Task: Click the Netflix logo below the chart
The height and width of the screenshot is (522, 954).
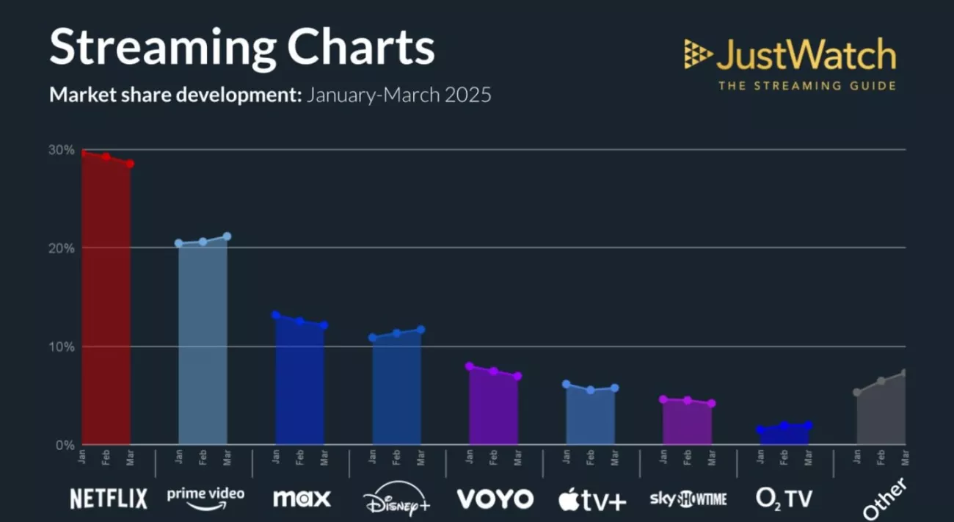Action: (109, 499)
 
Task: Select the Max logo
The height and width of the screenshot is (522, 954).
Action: (302, 499)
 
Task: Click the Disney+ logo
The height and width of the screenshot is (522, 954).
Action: (397, 499)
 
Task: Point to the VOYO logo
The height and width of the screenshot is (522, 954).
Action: (495, 499)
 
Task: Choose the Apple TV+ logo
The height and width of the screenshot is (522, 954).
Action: (592, 499)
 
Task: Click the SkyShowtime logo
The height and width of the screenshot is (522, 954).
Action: (688, 499)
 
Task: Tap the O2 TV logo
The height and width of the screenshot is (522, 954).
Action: (784, 499)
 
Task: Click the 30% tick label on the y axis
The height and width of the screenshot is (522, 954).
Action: (62, 150)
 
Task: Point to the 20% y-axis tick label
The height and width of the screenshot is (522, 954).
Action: (62, 248)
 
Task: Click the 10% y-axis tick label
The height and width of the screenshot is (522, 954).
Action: (62, 347)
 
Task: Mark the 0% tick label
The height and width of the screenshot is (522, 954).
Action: (65, 445)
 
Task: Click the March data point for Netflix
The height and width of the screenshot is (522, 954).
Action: (130, 164)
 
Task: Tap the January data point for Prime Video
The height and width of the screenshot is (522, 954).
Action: (179, 243)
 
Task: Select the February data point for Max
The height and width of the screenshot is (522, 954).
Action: (299, 321)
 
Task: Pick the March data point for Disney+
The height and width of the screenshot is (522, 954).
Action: (420, 330)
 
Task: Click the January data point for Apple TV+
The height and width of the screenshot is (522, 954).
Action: (566, 384)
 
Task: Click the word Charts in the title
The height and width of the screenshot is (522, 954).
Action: (360, 48)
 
